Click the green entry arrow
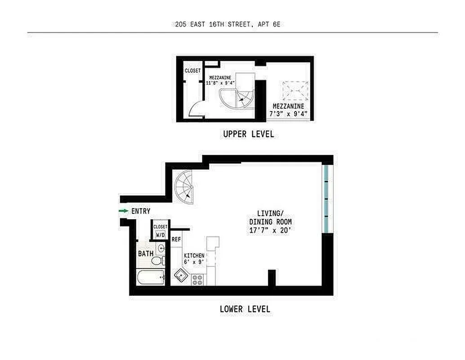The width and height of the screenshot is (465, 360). tap(122, 211)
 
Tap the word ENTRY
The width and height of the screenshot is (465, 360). tap(141, 211)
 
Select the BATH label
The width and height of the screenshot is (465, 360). tap(145, 254)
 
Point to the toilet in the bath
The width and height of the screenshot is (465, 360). tap(158, 261)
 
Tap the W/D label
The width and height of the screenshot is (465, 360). tap(160, 235)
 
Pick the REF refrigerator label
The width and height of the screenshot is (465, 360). tap(176, 239)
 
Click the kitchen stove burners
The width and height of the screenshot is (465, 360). tap(197, 279)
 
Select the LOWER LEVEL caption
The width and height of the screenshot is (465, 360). tap(245, 309)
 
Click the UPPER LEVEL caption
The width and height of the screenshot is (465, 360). tap(248, 134)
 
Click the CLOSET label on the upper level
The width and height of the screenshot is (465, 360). tap(192, 71)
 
